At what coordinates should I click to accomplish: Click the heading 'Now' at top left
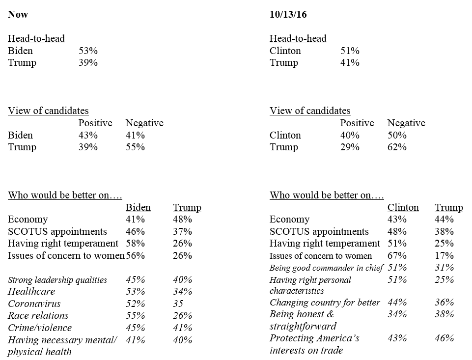tap(18, 14)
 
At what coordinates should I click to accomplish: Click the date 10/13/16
tap(288, 14)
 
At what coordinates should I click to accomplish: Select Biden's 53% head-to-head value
tap(88, 51)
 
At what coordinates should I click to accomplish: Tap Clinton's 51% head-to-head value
tap(350, 51)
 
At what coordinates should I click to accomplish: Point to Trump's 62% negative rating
tap(397, 147)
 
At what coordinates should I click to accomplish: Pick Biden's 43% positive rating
tap(88, 135)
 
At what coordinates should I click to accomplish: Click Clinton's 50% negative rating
tap(397, 135)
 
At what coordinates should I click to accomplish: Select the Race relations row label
tap(38, 316)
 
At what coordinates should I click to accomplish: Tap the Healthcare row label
tap(31, 292)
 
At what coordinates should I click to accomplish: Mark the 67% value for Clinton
tap(397, 255)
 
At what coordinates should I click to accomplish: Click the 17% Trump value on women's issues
tap(444, 255)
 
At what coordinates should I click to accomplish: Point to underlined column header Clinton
tap(403, 207)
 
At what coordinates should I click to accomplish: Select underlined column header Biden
tap(138, 207)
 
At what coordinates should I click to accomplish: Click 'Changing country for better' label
tap(325, 303)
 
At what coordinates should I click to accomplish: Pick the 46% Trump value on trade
tap(444, 338)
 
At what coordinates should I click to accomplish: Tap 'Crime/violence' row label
tap(40, 328)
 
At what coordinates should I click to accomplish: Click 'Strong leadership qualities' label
tap(57, 280)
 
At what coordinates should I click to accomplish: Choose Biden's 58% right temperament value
tap(135, 243)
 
